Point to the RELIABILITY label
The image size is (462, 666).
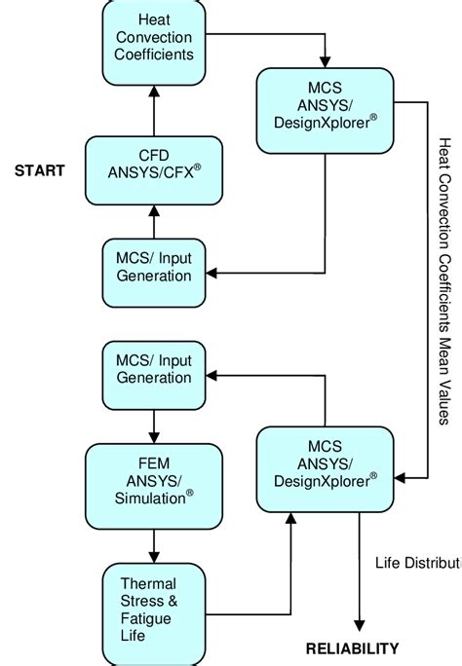[353, 648]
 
